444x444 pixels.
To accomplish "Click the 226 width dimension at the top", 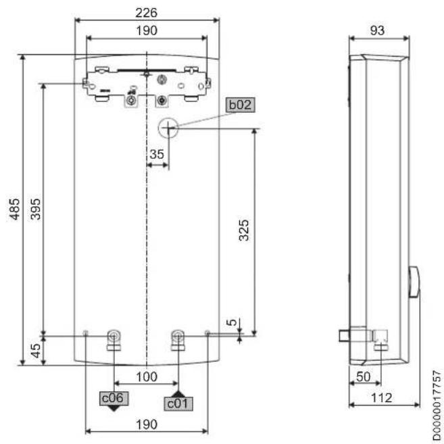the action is tap(146, 13).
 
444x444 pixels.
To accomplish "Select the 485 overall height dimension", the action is tap(15, 209).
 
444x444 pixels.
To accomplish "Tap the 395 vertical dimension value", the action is tap(35, 209).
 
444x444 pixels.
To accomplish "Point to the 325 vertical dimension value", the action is tap(243, 230).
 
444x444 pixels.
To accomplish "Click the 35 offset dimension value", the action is tap(157, 154).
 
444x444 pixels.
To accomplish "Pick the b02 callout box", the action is tap(241, 105).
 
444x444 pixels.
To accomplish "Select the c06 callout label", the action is tap(114, 398).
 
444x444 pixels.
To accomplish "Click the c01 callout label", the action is tap(178, 403).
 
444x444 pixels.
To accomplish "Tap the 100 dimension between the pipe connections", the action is tap(147, 377).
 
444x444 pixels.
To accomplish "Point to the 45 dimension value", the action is tap(35, 351).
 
